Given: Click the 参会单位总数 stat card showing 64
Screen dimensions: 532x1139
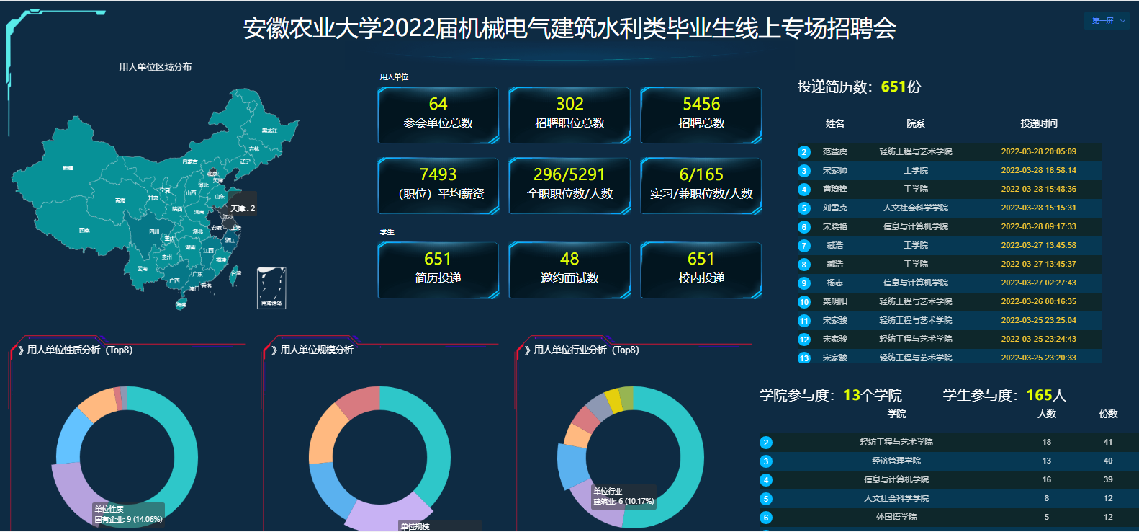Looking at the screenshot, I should click(x=438, y=115).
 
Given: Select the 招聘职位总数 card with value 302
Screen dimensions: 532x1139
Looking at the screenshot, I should click(x=569, y=115).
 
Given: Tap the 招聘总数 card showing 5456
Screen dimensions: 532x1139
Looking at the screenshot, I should click(x=701, y=115).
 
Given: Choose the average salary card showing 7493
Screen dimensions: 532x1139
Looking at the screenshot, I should click(x=438, y=185).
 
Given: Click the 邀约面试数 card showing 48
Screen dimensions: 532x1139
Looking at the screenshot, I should click(x=569, y=270).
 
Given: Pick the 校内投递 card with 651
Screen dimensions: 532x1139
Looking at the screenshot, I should click(x=701, y=270).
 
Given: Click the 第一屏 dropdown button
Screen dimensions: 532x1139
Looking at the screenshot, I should click(x=1107, y=21).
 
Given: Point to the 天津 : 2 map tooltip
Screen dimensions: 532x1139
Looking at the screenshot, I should click(x=243, y=208).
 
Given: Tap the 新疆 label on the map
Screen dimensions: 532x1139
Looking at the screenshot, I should click(x=68, y=168).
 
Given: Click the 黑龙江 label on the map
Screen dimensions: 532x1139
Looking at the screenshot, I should click(x=269, y=130).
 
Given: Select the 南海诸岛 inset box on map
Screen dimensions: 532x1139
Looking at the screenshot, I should click(x=271, y=288).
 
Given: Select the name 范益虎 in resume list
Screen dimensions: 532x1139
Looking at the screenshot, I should click(x=835, y=151).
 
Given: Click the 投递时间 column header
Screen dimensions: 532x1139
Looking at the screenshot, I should click(x=1038, y=123).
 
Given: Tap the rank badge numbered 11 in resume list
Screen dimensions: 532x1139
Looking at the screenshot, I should click(x=804, y=321).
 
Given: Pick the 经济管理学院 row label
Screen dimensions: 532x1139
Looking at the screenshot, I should click(x=896, y=461).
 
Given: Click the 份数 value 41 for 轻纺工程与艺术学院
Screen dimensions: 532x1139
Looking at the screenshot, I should click(x=1108, y=442).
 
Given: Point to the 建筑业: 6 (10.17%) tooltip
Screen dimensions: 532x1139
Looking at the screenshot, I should click(x=623, y=497).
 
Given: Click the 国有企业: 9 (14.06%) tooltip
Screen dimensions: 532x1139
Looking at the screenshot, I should click(x=128, y=514).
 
